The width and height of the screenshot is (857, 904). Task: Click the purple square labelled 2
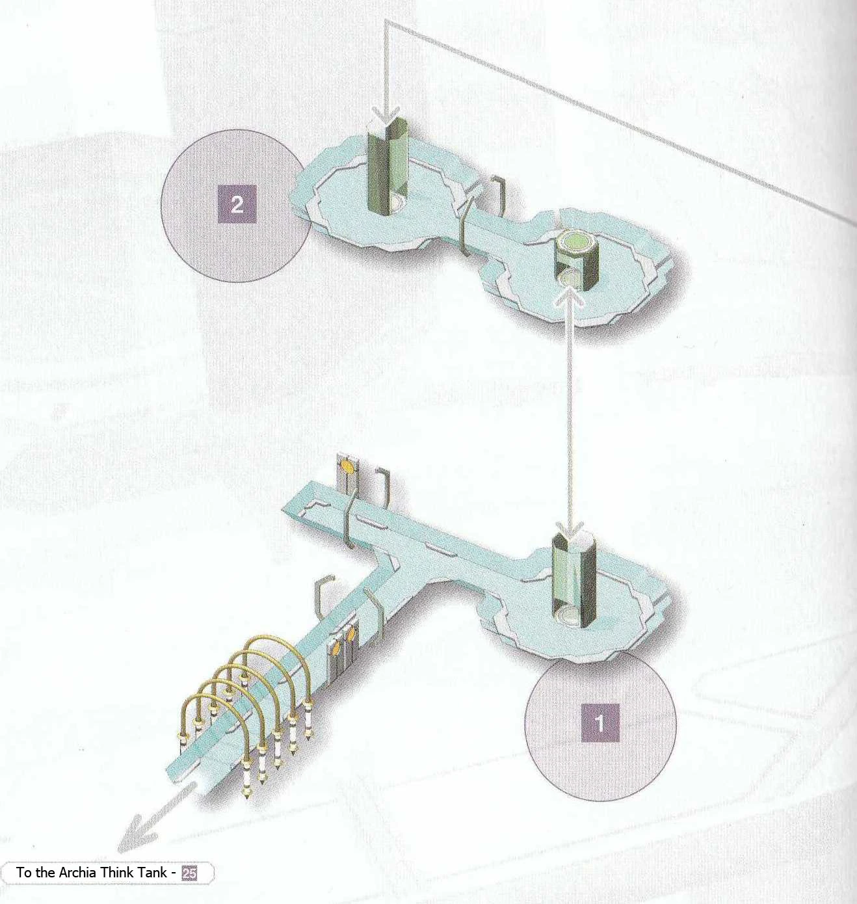[237, 204]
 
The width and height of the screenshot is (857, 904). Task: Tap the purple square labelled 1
[600, 723]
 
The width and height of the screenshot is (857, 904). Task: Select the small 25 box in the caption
[189, 873]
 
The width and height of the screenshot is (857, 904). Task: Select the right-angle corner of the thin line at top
[386, 21]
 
